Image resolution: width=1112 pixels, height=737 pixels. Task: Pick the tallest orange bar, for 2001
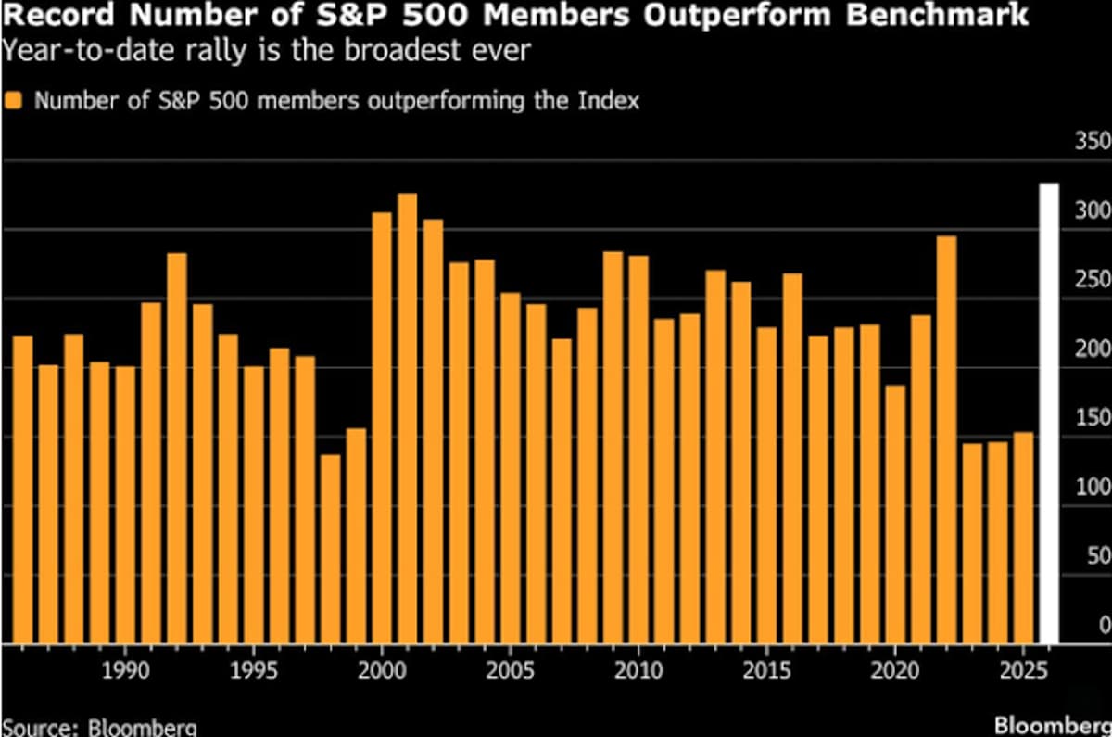click(407, 418)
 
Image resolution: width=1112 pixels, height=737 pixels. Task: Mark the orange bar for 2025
click(1023, 538)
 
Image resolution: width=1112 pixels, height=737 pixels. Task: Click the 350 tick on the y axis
click(1092, 142)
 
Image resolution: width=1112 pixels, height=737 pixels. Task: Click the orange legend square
click(13, 100)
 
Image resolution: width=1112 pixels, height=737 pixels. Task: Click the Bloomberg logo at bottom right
click(1053, 724)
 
